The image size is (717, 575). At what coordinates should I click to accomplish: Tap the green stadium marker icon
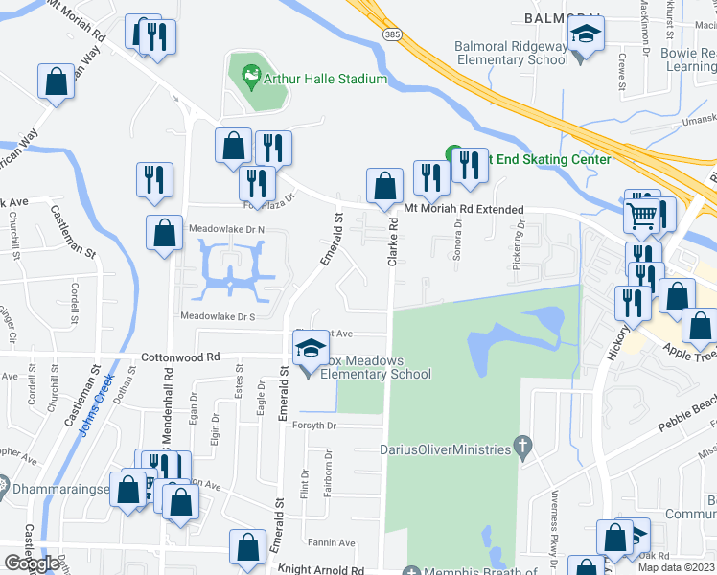click(251, 73)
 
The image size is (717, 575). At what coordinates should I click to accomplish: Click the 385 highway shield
click(365, 32)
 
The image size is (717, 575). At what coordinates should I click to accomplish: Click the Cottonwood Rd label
click(180, 356)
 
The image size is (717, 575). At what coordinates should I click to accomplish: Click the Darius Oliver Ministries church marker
click(522, 446)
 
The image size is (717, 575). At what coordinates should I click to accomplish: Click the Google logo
click(32, 563)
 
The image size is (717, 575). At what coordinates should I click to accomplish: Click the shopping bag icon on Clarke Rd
click(384, 184)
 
